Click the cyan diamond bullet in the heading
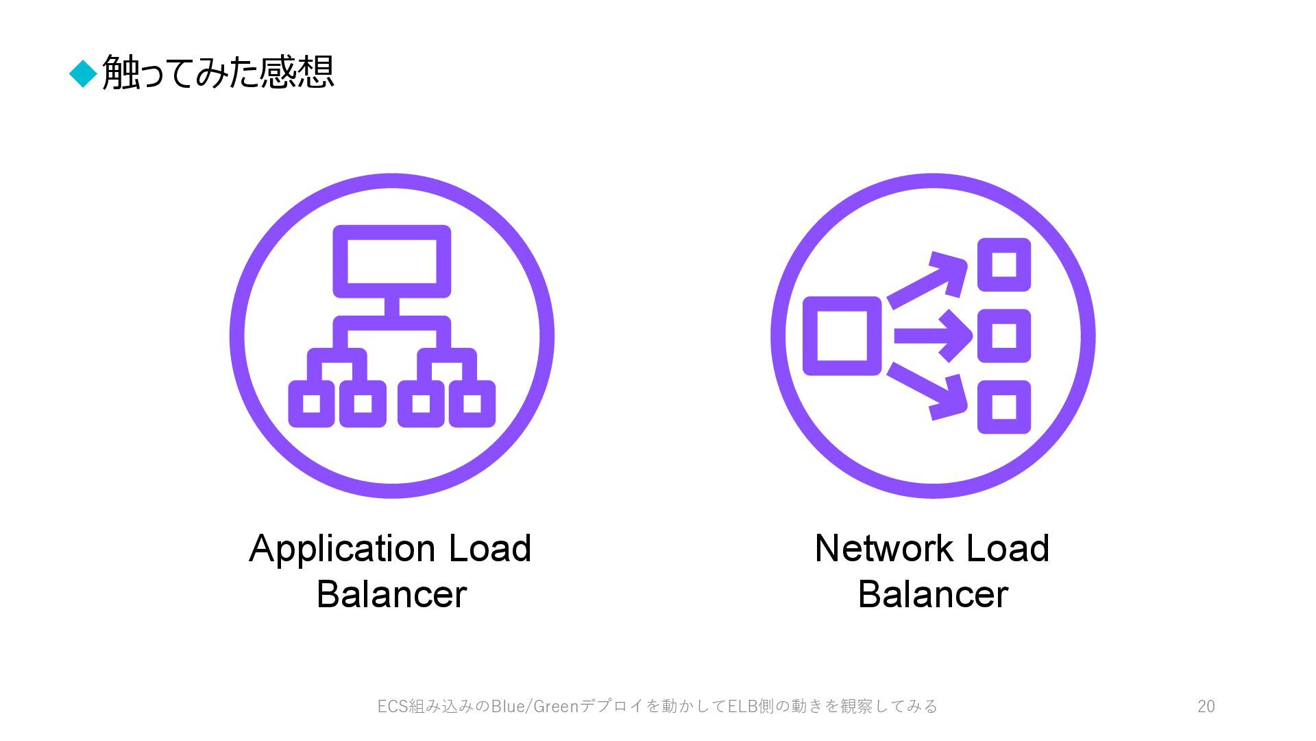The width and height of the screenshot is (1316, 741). [x=83, y=73]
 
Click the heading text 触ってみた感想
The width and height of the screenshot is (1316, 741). [x=218, y=72]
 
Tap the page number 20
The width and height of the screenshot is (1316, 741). [x=1206, y=706]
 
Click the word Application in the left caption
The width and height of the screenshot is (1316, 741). [x=342, y=549]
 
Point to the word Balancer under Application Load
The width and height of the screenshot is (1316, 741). [x=391, y=594]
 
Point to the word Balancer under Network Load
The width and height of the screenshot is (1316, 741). [x=932, y=594]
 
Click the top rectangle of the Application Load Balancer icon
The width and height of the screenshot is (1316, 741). [x=391, y=261]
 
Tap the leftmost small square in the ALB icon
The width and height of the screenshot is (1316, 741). [x=311, y=403]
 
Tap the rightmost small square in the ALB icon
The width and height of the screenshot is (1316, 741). [x=472, y=403]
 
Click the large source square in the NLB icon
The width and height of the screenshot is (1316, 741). [x=842, y=336]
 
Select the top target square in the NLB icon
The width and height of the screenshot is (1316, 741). [x=1003, y=265]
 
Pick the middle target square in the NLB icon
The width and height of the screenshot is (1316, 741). [x=1003, y=336]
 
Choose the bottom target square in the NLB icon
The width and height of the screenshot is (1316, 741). [x=1003, y=406]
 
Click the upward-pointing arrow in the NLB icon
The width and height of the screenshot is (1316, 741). [x=929, y=280]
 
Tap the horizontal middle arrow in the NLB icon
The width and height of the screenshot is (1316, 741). [x=933, y=336]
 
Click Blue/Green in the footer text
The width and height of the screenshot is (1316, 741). [x=535, y=706]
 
